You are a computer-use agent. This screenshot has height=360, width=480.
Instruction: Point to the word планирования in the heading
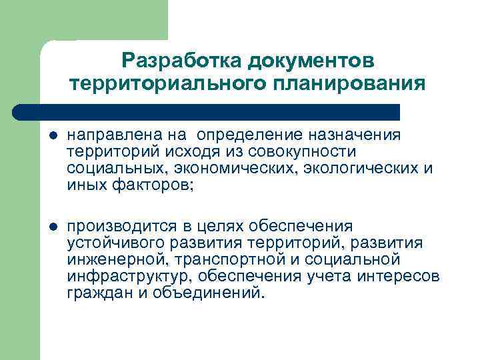point(346,84)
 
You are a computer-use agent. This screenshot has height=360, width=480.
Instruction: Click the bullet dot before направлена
point(53,136)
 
